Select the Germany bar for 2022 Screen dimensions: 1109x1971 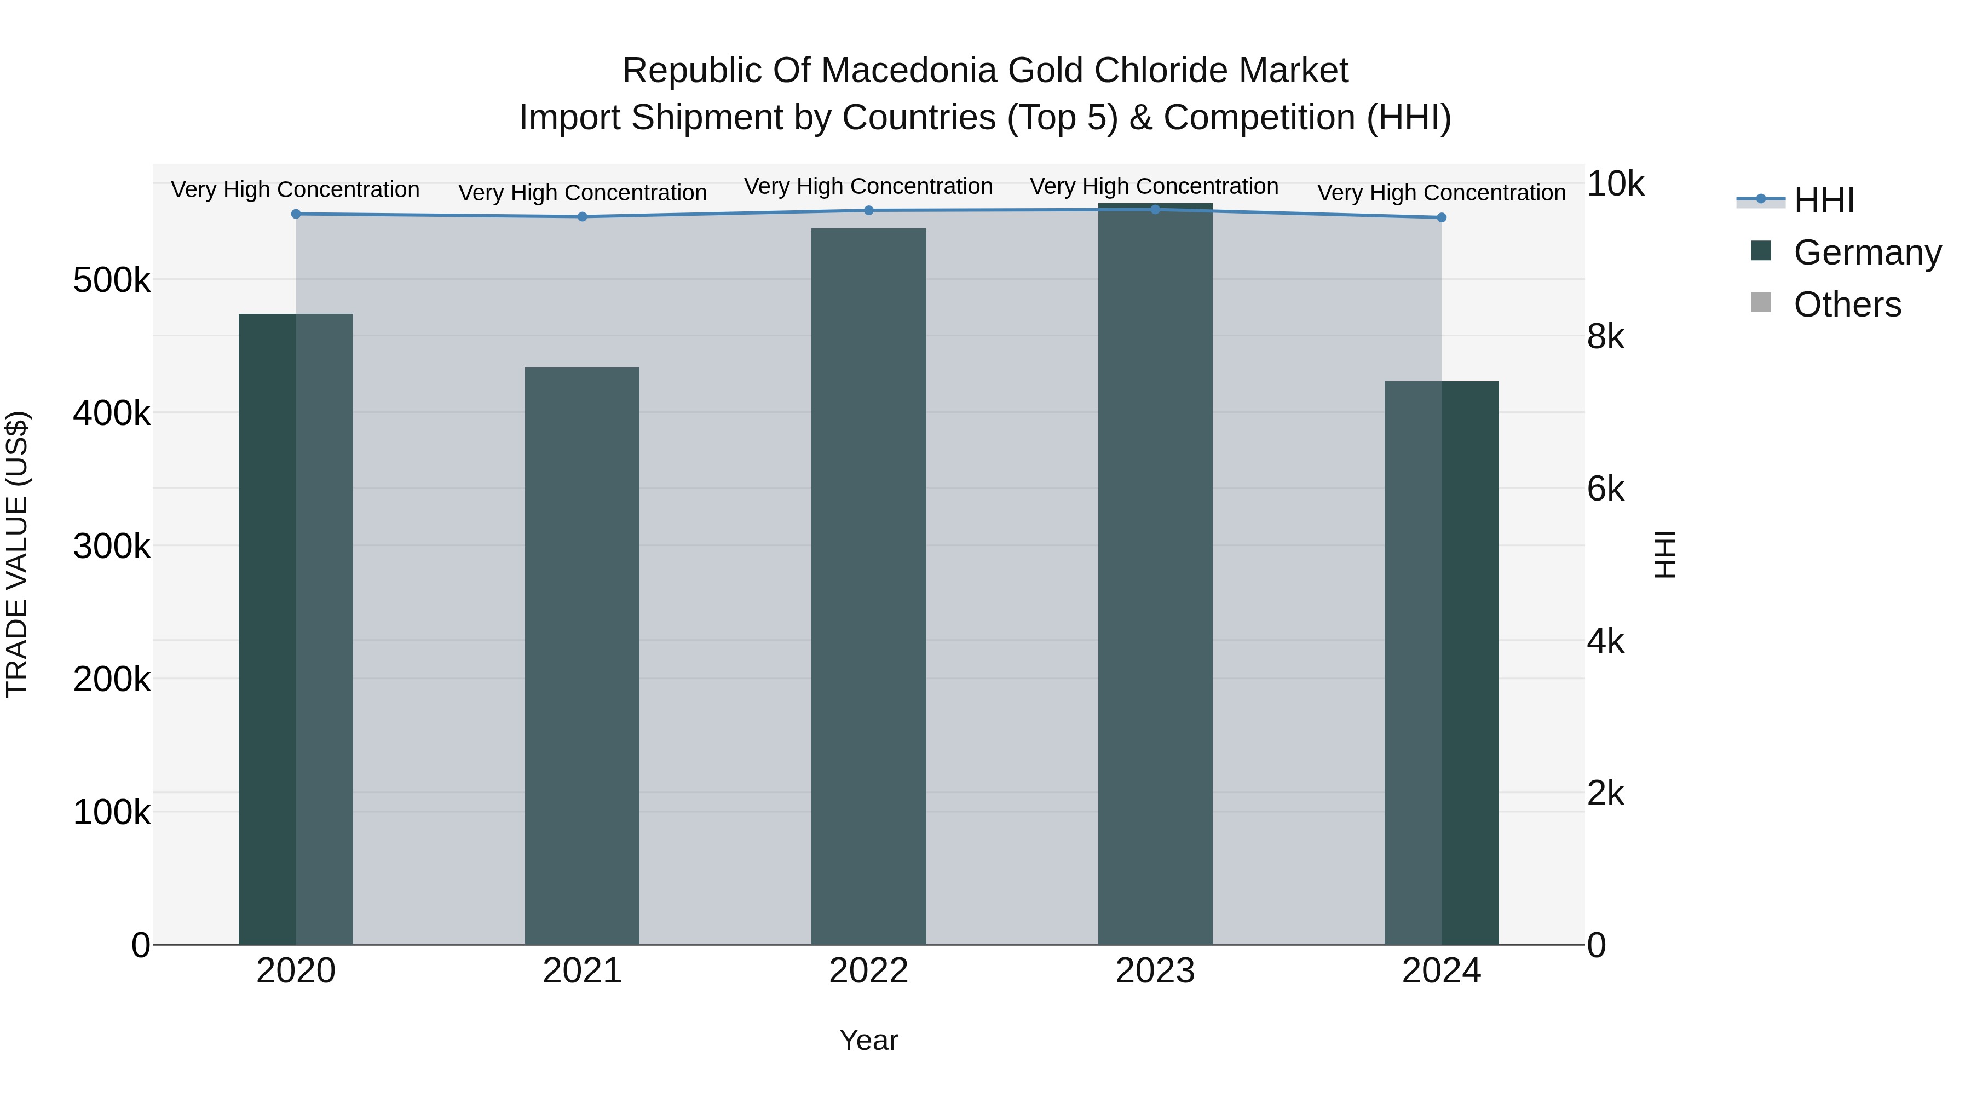pyautogui.click(x=868, y=586)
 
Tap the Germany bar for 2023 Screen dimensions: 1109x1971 pyautogui.click(x=1155, y=574)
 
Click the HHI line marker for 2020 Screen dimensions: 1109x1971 pyautogui.click(x=296, y=214)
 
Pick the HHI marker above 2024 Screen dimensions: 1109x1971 pyautogui.click(x=1442, y=218)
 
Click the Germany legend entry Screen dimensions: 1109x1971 pyautogui.click(x=1867, y=252)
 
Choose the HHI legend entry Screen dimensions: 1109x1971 pyautogui.click(x=1824, y=200)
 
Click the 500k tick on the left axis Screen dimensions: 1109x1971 pyautogui.click(x=112, y=281)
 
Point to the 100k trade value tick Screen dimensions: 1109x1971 pyautogui.click(x=112, y=813)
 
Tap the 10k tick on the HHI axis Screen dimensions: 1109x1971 pyautogui.click(x=1615, y=185)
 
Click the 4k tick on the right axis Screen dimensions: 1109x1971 pyautogui.click(x=1605, y=641)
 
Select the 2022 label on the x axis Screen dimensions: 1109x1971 pyautogui.click(x=868, y=971)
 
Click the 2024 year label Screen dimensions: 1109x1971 pyautogui.click(x=1442, y=971)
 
